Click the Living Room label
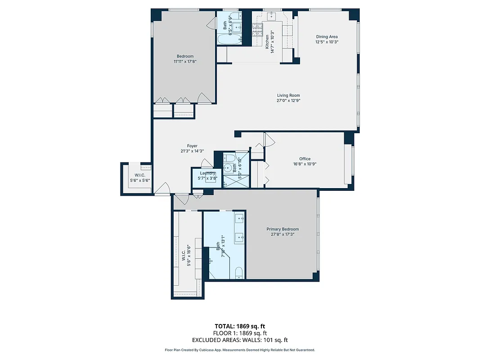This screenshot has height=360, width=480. tap(288, 95)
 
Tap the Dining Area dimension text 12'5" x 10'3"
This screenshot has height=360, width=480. tap(327, 42)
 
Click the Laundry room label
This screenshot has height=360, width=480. tap(207, 173)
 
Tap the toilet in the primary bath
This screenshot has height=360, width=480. tap(239, 272)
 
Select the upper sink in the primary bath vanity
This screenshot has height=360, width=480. tap(240, 220)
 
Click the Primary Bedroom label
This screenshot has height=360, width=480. tap(285, 229)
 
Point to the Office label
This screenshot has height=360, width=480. tap(305, 159)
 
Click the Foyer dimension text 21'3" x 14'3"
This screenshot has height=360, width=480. tap(192, 151)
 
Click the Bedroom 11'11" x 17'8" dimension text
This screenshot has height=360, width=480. tap(185, 62)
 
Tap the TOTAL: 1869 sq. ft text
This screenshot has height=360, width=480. tap(240, 326)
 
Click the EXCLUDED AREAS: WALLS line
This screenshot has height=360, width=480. tap(240, 340)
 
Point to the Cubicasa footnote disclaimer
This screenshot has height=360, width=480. tap(240, 350)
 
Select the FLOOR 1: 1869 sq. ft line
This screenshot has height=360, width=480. tap(240, 333)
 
